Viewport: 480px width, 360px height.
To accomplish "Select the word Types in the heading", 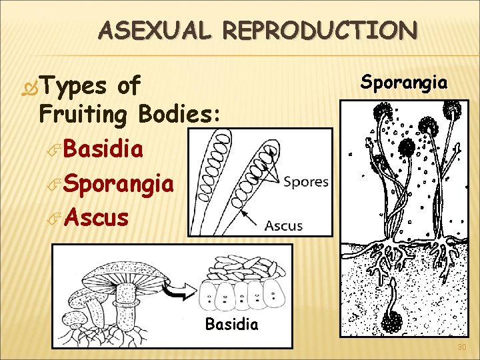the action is [74, 86].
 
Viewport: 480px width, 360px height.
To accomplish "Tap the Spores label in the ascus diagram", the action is [305, 182].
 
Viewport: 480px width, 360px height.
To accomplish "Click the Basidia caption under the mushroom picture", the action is [231, 325].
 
